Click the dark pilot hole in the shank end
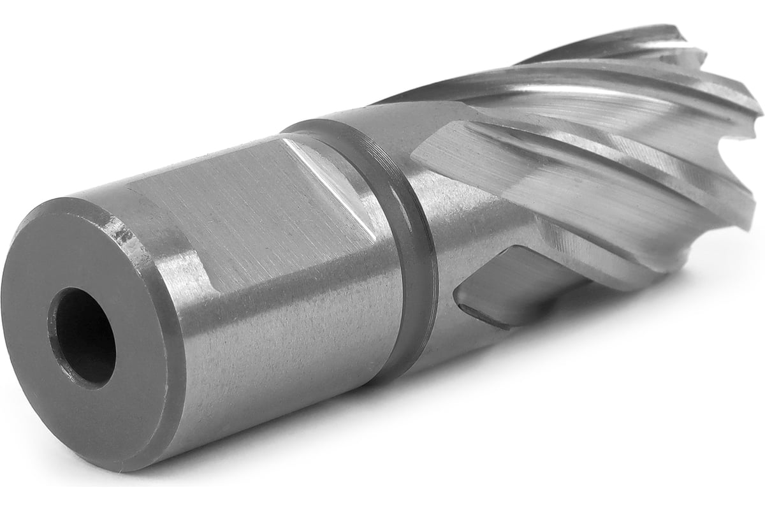[82, 337]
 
